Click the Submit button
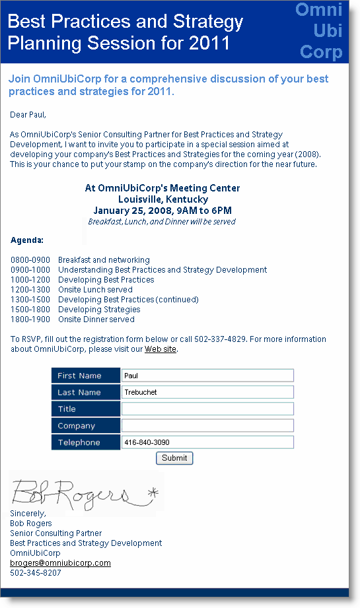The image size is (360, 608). (174, 458)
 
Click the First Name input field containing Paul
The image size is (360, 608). (207, 376)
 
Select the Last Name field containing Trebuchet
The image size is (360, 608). (207, 392)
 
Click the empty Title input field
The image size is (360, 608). (207, 409)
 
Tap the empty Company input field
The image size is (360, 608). (207, 426)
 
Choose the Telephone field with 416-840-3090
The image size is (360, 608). (207, 442)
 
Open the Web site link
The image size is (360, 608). (161, 349)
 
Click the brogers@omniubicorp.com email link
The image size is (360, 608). (60, 563)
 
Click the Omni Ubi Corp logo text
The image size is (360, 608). (320, 31)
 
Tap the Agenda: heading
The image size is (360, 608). (27, 240)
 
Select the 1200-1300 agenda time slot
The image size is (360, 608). (30, 290)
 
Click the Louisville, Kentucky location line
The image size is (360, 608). (162, 199)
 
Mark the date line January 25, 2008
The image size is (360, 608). (162, 211)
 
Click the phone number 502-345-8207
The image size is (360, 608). (36, 573)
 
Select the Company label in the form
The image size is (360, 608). (77, 426)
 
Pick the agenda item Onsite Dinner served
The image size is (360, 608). (96, 320)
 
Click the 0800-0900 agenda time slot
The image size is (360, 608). (30, 260)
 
